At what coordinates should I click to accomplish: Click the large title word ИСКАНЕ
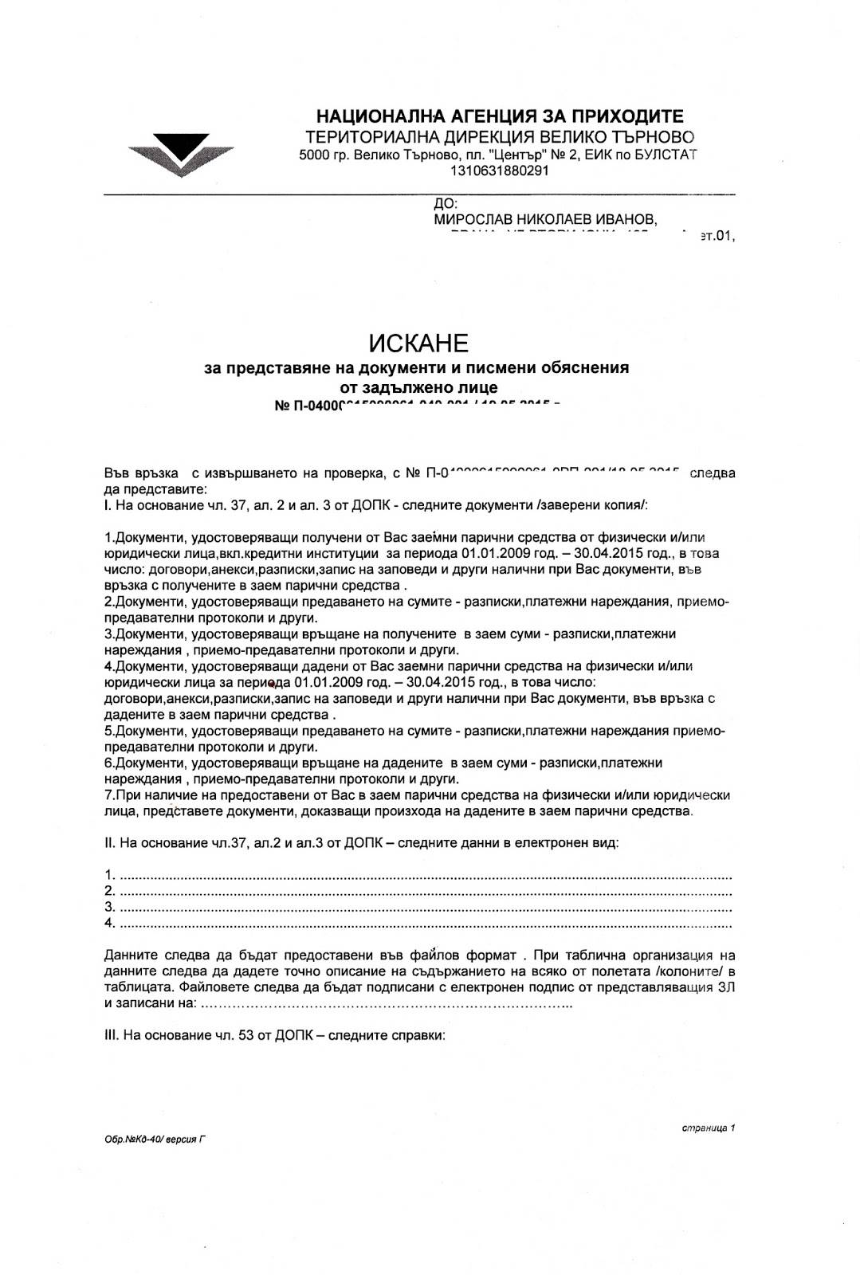coord(418,343)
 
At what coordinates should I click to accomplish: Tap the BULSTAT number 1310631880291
coord(499,171)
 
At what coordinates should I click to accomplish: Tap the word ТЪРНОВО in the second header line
coord(653,137)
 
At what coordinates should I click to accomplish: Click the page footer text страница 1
coord(709,1128)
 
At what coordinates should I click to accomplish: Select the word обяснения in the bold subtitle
coord(585,367)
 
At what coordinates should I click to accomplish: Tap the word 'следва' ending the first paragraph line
coord(712,473)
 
